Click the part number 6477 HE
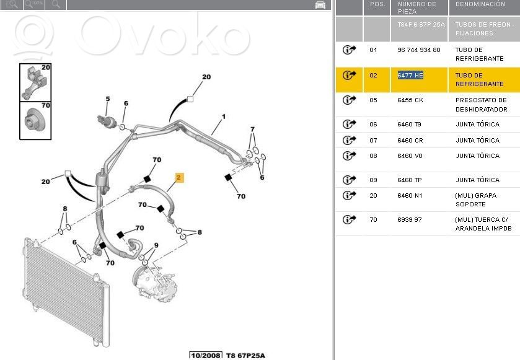point(410,75)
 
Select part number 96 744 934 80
point(419,50)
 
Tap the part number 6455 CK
point(410,100)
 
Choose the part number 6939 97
point(410,219)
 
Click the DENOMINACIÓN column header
point(480,4)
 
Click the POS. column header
point(377,4)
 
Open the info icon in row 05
point(349,100)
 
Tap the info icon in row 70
point(349,219)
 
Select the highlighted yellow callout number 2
point(178,178)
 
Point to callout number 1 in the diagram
point(224,116)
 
